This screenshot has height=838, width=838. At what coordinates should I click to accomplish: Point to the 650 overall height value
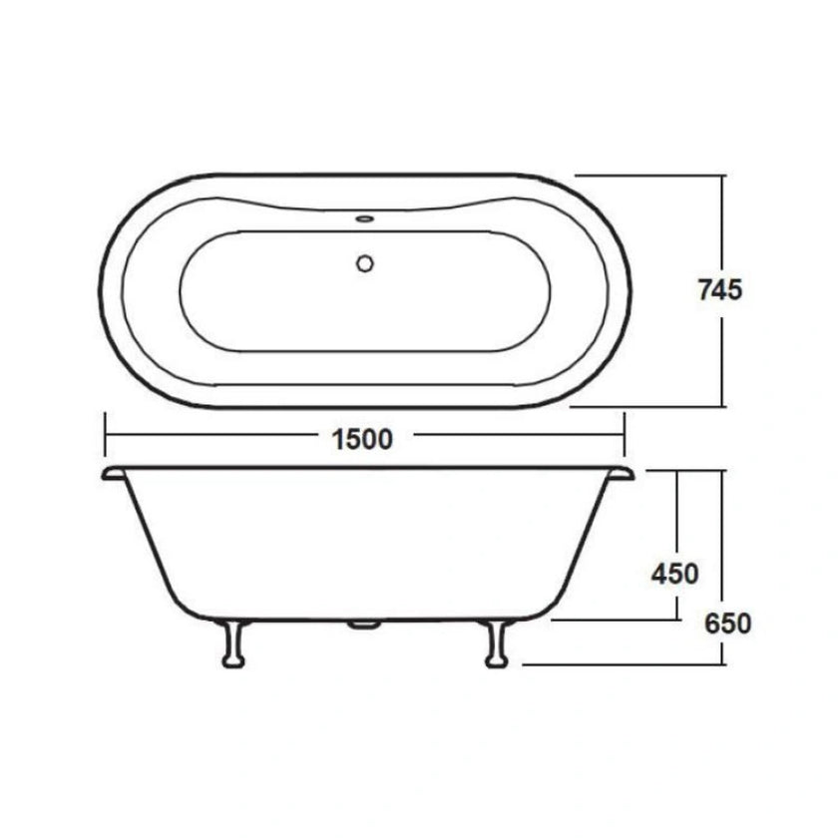[x=726, y=624]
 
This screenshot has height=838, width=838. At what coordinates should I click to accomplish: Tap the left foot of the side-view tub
[x=234, y=644]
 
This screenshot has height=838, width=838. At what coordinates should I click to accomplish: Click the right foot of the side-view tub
[x=494, y=644]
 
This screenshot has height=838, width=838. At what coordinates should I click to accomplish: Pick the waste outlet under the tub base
[x=364, y=626]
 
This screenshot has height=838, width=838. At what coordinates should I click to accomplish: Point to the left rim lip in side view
[x=112, y=472]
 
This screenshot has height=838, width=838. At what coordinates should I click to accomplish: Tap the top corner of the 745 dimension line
[x=720, y=176]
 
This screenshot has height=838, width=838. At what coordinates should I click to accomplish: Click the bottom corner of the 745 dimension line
[x=720, y=406]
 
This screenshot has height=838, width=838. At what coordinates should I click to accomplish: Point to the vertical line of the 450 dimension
[x=678, y=519]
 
